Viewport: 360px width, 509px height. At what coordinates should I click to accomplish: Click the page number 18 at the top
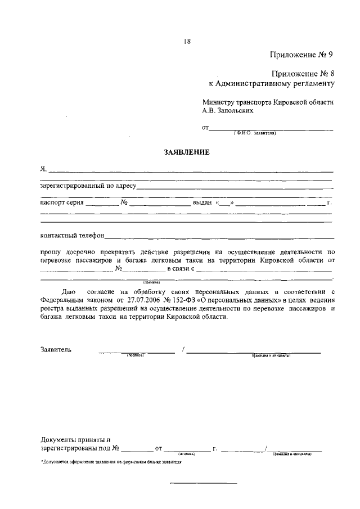[187, 40]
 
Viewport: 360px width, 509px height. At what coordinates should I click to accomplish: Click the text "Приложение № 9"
[301, 55]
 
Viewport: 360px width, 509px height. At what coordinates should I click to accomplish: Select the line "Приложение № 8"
[303, 73]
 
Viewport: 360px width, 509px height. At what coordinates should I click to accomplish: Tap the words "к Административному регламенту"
[272, 83]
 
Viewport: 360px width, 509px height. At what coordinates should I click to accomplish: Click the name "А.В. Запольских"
[231, 111]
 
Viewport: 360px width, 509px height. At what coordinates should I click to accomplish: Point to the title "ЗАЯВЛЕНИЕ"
[186, 152]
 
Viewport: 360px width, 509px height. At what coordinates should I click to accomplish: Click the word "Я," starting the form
[43, 168]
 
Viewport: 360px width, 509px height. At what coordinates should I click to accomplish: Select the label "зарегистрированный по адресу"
[88, 185]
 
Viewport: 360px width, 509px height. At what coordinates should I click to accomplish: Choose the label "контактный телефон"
[72, 236]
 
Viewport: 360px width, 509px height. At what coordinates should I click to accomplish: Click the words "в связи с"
[179, 269]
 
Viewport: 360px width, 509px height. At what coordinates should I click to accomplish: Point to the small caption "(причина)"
[151, 282]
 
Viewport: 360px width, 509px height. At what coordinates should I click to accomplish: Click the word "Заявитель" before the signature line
[56, 349]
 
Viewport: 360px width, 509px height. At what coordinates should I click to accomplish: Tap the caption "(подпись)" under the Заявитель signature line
[135, 356]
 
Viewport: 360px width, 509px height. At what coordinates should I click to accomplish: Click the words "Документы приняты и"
[75, 439]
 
